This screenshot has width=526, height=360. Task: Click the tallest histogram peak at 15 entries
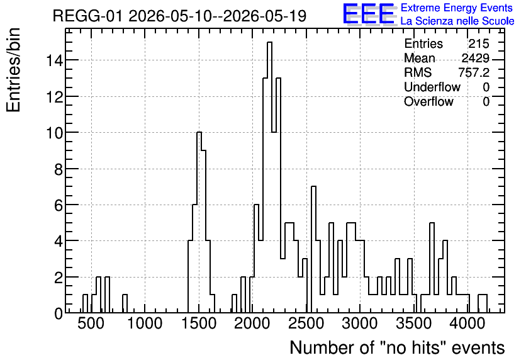tap(269, 42)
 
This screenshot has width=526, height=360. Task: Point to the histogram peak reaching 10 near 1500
tap(199, 133)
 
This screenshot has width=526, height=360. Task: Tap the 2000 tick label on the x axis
tap(252, 323)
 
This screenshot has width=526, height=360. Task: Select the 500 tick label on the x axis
tap(91, 323)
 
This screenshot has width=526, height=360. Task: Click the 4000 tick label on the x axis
tap(467, 323)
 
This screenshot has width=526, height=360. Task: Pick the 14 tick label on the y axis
tap(54, 60)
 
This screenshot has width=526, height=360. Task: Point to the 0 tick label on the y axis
tap(59, 313)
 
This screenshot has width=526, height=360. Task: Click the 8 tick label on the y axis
tap(59, 169)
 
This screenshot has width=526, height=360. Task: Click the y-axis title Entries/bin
tap(14, 70)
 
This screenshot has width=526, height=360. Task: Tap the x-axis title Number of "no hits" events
tap(397, 347)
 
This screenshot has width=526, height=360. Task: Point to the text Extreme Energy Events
tap(457, 8)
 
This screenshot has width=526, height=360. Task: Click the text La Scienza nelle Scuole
tap(457, 21)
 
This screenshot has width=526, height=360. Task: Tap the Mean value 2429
tap(476, 58)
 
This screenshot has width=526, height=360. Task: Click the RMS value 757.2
tap(474, 72)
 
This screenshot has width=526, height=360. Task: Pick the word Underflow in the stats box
tap(432, 87)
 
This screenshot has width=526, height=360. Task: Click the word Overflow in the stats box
tap(428, 101)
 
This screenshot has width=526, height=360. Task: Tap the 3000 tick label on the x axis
tap(360, 323)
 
